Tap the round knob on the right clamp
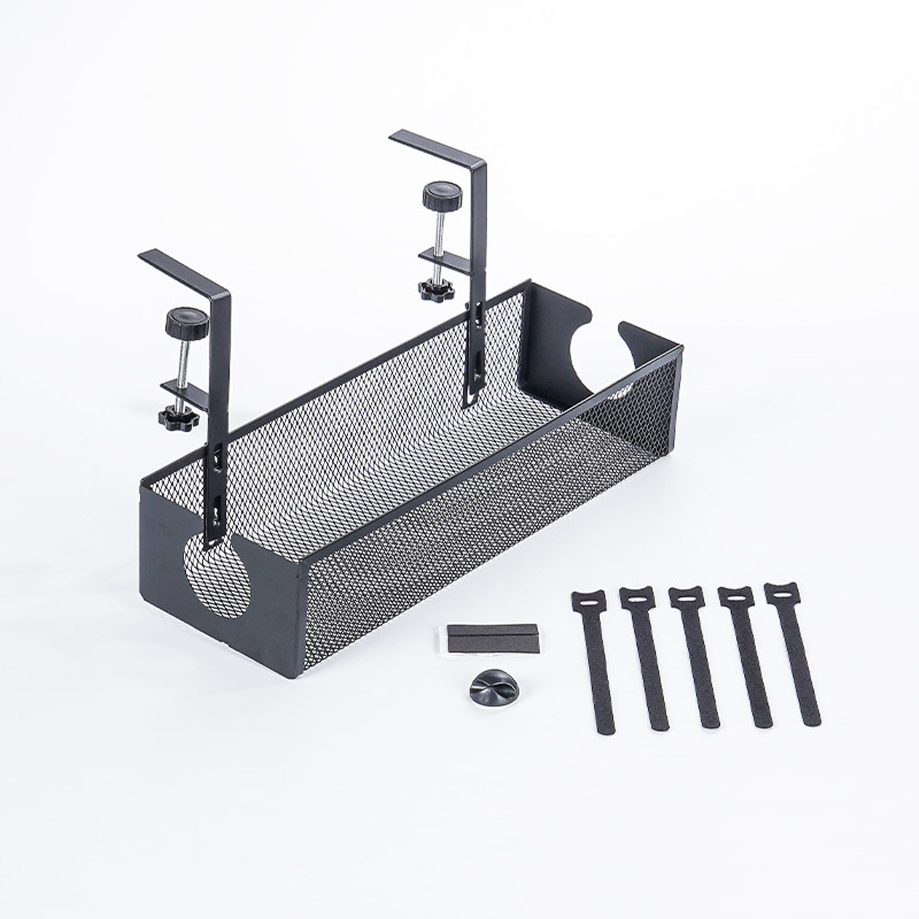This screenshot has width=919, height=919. coord(442,195)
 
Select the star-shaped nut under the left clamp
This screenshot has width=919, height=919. coord(179,416)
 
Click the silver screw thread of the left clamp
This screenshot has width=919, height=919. coord(182,362)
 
